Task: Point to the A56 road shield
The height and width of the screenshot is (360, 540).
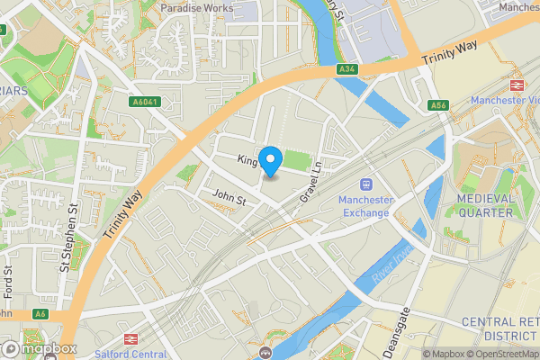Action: click(x=438, y=104)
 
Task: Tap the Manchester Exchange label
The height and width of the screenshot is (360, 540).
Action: click(x=364, y=206)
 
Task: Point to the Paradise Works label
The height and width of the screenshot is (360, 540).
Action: click(x=196, y=7)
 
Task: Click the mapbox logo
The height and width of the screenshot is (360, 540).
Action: click(x=38, y=348)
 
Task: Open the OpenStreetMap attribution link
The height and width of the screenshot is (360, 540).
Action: click(x=499, y=354)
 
